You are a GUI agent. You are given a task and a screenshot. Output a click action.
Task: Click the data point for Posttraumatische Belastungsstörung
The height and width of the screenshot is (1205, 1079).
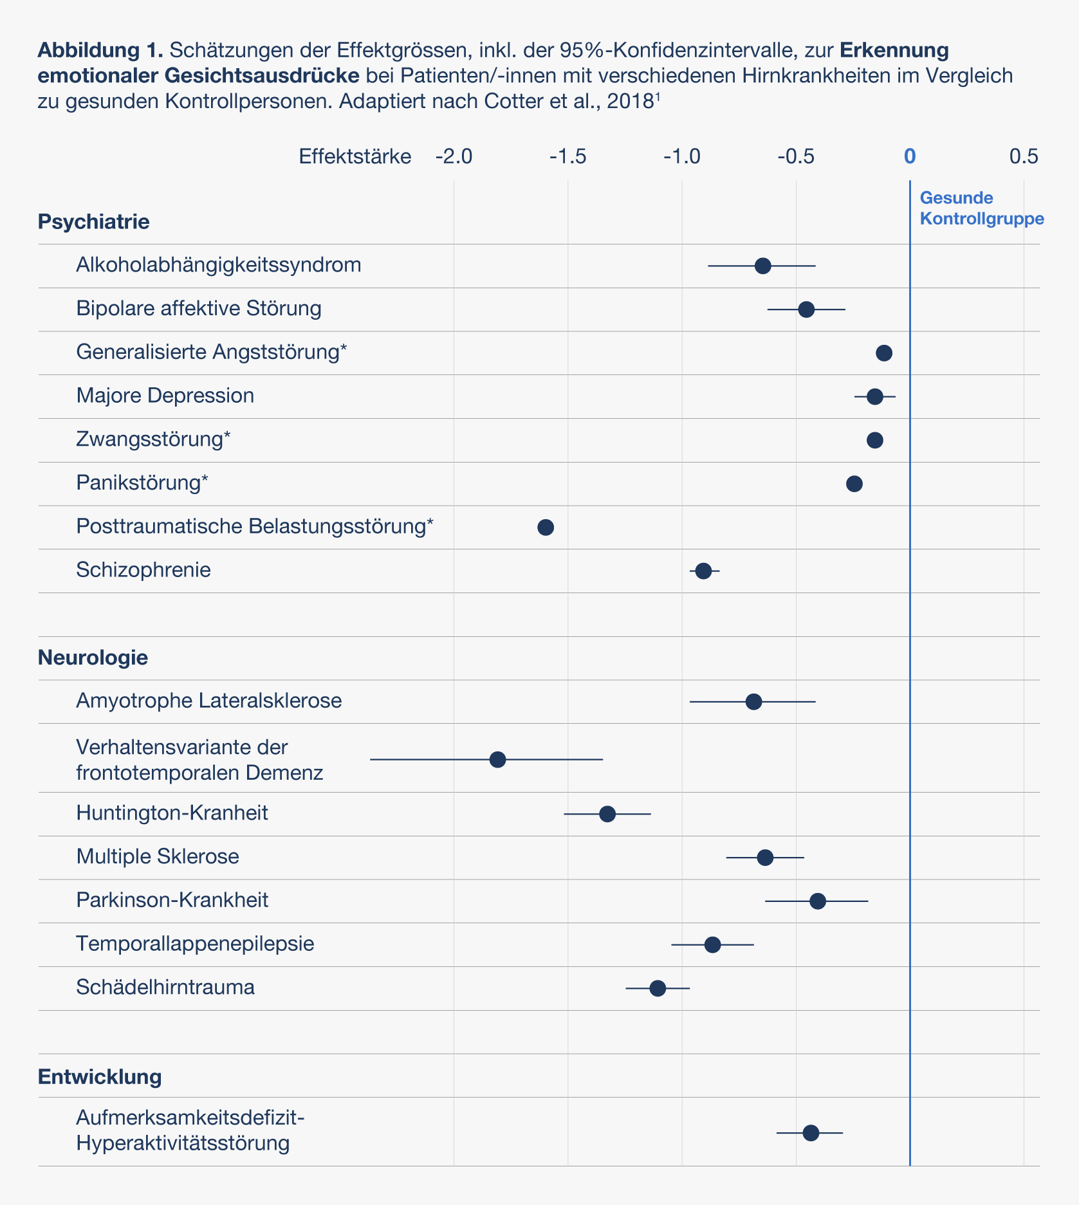coord(546,528)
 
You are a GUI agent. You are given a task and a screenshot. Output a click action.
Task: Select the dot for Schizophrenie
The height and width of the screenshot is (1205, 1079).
coord(704,571)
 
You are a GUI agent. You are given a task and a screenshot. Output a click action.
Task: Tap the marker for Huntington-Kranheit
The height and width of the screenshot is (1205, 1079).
coord(607,814)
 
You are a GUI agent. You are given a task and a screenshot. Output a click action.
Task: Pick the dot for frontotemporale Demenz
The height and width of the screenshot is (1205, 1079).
coord(497,759)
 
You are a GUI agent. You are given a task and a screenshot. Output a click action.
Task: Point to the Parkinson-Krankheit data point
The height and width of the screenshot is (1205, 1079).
coord(818,901)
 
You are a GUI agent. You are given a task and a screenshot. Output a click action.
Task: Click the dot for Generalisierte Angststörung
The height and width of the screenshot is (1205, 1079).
coord(884,353)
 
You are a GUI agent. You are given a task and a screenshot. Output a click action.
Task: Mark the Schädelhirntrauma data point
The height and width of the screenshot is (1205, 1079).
coord(658,988)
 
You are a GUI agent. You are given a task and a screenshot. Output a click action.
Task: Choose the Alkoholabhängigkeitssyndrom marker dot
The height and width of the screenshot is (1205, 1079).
coord(763,266)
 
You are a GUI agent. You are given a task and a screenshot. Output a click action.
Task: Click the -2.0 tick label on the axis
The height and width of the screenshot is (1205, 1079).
coord(454,156)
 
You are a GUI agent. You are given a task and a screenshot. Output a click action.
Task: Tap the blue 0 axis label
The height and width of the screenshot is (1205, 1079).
coord(910,156)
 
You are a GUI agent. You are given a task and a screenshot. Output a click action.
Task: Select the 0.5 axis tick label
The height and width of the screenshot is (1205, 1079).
coord(1024,156)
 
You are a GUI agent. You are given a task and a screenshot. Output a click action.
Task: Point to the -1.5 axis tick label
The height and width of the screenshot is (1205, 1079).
coord(568,156)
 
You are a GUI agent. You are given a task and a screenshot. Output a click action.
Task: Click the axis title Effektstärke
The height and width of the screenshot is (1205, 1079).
coord(355,156)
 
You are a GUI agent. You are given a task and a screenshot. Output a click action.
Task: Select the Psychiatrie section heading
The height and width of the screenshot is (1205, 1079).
coord(94,222)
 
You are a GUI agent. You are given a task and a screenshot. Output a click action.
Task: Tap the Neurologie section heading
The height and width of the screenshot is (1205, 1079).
coord(93,658)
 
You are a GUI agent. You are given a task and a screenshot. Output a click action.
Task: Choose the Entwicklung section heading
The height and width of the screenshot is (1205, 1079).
coord(100,1076)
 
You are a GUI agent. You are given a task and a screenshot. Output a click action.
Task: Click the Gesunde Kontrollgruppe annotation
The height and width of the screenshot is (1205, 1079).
coord(982,208)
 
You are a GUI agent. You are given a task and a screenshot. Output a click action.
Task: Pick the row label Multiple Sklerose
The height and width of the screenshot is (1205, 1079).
coord(158,856)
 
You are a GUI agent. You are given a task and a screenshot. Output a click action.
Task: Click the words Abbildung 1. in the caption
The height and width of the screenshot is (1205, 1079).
coord(101,50)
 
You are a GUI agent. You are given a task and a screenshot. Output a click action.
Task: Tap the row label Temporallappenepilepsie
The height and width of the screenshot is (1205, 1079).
coord(195,944)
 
